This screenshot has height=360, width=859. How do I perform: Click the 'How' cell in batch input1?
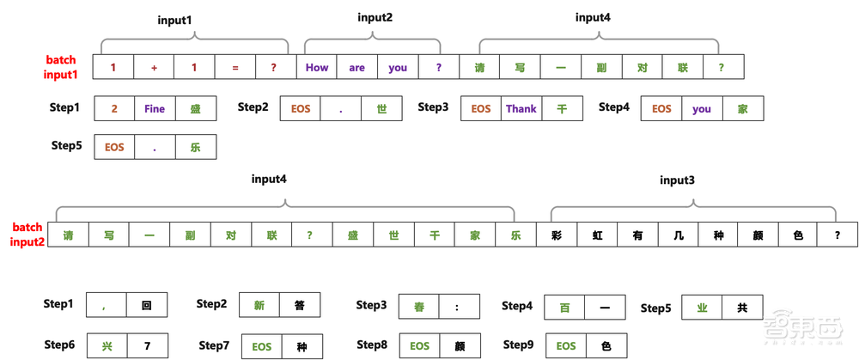pos(316,67)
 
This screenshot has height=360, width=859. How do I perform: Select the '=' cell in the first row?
pos(235,67)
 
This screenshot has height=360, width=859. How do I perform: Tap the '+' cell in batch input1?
pos(153,67)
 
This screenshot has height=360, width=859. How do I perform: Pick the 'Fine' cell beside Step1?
pos(155,109)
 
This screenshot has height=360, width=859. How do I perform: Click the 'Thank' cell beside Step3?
pos(521,109)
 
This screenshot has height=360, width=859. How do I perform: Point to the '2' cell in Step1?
pos(114,109)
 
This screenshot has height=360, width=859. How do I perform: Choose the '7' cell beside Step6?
pos(146,345)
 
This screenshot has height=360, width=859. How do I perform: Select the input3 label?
pos(677,180)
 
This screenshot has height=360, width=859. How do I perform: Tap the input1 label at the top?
pos(175,19)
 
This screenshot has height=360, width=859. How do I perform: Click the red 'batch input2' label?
pos(27,235)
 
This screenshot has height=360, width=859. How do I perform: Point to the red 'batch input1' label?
pos(61,68)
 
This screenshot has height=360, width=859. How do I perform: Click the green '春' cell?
pos(417,306)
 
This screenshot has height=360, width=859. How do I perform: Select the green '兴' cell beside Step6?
pos(107,345)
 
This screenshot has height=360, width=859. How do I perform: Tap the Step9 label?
pos(518,345)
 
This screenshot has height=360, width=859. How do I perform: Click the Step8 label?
pos(372,345)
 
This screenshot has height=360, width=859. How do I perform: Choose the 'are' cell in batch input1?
pos(356,67)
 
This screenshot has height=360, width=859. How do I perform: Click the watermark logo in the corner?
pos(806,329)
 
